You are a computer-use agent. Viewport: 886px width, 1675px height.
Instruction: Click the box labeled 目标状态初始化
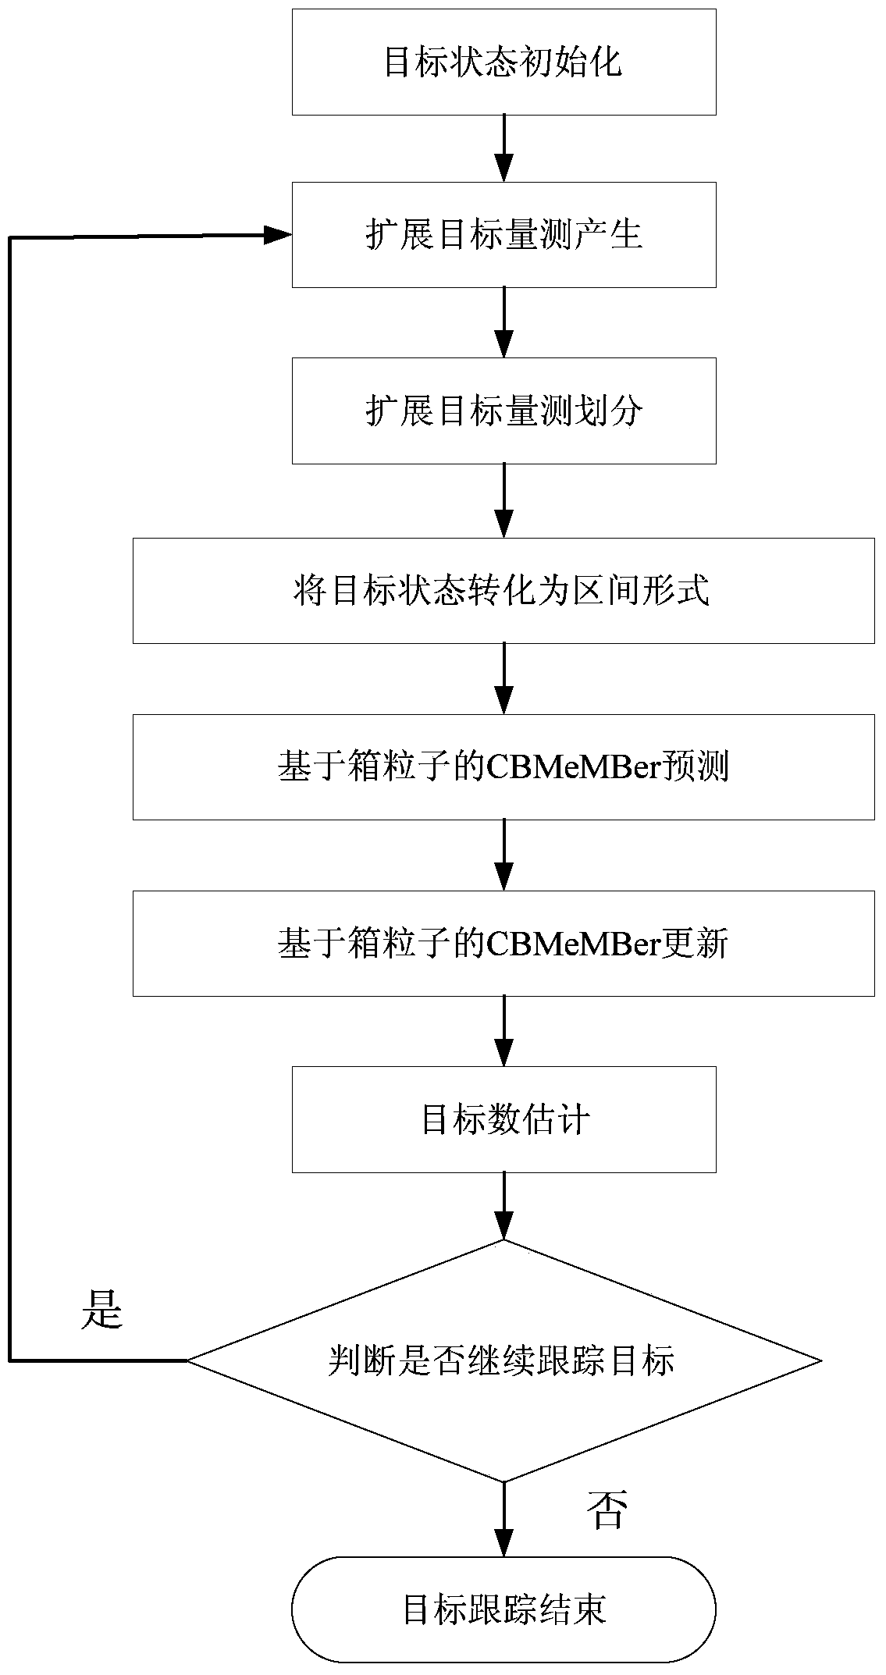coord(503,62)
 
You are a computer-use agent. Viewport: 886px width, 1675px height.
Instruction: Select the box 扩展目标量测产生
coord(503,235)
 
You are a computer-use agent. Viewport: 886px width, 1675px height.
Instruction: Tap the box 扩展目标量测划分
coord(503,411)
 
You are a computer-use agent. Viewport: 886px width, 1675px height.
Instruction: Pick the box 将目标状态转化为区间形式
coord(503,591)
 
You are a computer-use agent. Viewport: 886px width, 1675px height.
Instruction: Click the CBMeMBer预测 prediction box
coord(503,767)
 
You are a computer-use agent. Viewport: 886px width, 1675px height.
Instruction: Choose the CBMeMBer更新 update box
coord(503,944)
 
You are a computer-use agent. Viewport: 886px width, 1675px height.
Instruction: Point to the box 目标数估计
coord(503,1120)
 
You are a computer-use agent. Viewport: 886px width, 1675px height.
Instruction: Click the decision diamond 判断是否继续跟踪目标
coord(503,1360)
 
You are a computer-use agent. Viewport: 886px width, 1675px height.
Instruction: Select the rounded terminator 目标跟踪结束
coord(503,1609)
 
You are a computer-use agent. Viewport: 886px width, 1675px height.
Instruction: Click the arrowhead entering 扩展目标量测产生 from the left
coord(277,235)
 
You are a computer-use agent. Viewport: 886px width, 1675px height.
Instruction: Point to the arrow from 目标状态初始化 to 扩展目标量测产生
coord(504,148)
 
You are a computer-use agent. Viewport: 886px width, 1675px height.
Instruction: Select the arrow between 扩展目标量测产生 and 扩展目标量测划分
coord(504,322)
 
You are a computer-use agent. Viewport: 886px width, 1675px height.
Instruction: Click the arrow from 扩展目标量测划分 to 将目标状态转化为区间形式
coord(504,500)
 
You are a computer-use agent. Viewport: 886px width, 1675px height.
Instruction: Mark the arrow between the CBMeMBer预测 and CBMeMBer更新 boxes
coord(504,855)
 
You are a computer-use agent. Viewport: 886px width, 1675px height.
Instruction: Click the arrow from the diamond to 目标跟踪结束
coord(504,1520)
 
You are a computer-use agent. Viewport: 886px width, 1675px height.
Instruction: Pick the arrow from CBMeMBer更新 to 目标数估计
coord(504,1031)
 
